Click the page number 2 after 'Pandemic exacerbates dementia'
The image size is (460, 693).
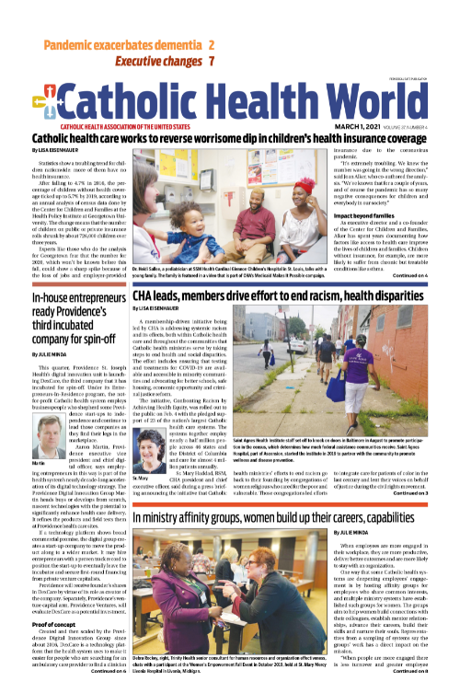(x=211, y=45)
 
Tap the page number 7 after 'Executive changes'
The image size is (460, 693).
(x=212, y=62)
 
